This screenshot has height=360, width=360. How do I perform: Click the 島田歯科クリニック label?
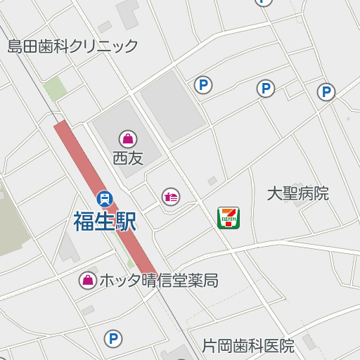pos(72,47)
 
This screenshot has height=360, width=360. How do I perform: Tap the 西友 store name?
pos(128,158)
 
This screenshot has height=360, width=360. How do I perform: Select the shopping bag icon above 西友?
pos(128,139)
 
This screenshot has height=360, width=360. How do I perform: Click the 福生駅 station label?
pos(105,221)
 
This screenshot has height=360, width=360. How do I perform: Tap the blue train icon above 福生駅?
pos(105,199)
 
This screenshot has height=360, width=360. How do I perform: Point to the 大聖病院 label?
pos(298,193)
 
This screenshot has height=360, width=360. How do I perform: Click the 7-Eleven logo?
pos(229,217)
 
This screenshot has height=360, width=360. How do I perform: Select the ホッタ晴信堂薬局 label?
pos(158,281)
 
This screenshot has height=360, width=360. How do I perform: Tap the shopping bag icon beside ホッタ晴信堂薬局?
pos(87,281)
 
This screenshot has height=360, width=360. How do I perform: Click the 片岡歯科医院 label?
pos(248,346)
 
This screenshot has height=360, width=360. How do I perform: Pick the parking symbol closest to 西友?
pos(203,85)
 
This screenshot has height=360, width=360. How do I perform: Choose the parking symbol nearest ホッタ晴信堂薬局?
pos(112,339)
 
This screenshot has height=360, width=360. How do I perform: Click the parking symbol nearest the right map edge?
pos(326,92)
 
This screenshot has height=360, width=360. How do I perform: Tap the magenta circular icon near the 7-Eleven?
pos(171,197)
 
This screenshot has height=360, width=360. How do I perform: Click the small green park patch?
pos(54,89)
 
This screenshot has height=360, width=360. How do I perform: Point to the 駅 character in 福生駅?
pos(125,221)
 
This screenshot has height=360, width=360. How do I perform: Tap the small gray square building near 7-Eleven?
pos(212,181)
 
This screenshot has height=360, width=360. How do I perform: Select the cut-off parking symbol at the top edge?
pos(263,1)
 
